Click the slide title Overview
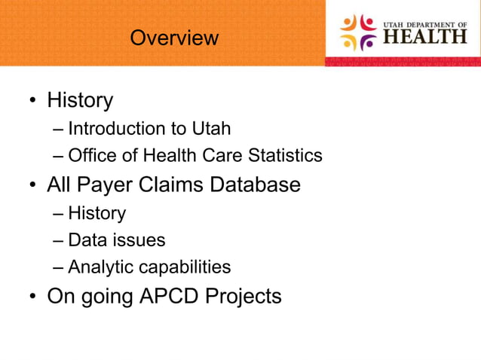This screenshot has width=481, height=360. (174, 38)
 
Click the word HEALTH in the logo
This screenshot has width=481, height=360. (426, 36)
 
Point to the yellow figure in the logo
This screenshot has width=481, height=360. (349, 43)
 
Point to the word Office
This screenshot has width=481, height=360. (91, 156)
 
